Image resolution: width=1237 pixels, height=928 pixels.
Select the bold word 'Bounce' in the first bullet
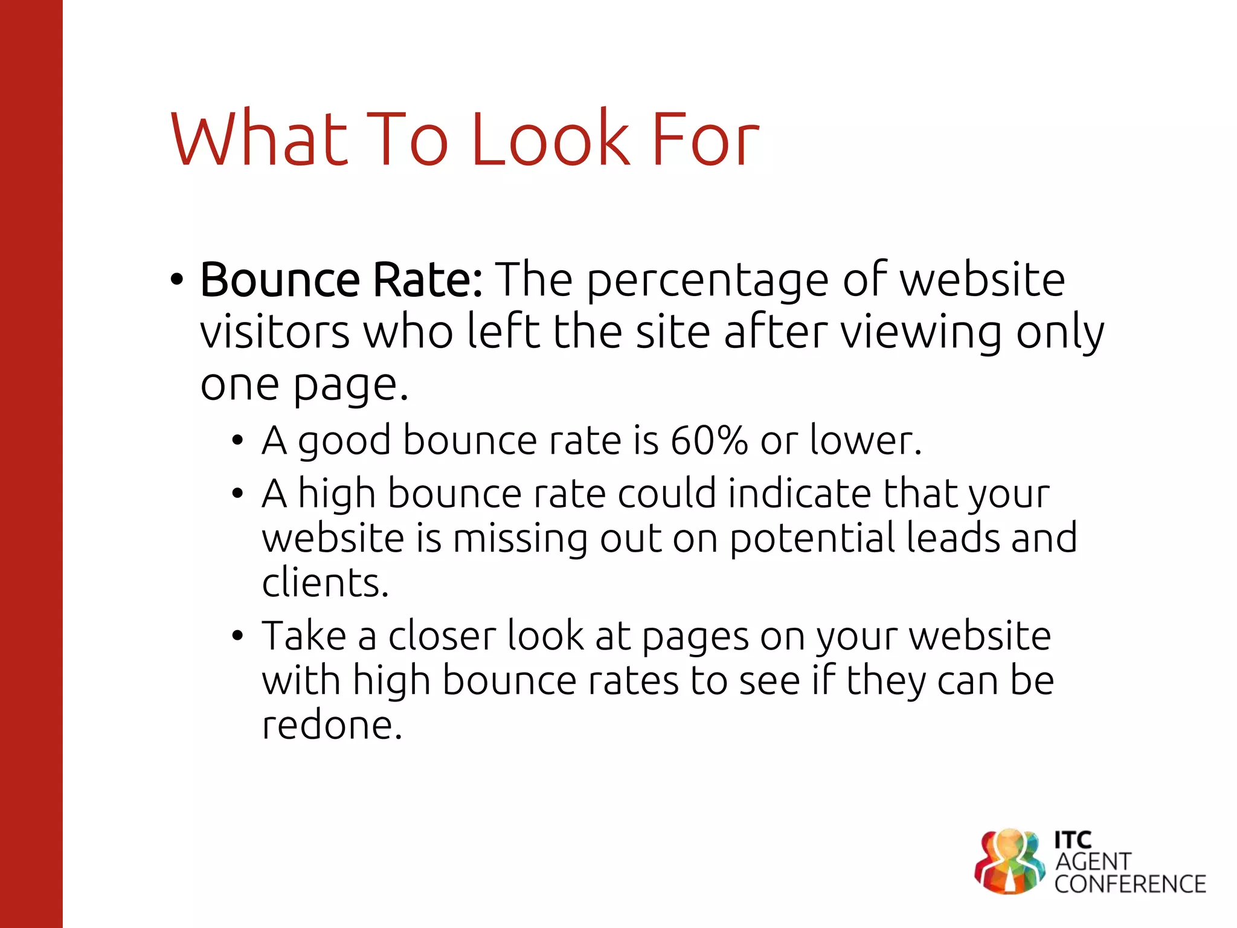[x=280, y=280]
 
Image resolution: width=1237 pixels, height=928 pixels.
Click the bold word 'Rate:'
[x=428, y=280]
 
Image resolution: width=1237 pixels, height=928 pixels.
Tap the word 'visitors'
[x=275, y=333]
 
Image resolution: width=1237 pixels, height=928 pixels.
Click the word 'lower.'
[x=866, y=440]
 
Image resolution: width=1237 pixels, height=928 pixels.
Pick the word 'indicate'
[x=800, y=494]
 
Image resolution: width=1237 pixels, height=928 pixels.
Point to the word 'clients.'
[x=325, y=583]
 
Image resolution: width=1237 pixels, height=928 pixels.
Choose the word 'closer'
[x=442, y=636]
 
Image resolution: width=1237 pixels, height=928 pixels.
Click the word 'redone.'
[x=332, y=725]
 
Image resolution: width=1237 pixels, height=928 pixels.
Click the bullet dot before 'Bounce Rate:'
[x=176, y=281]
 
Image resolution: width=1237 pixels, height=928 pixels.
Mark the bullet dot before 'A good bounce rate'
[x=238, y=441]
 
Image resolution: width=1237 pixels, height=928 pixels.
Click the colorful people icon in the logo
[x=1009, y=860]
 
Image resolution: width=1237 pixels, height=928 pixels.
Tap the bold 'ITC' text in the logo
[x=1073, y=840]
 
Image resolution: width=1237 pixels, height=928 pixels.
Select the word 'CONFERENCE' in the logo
[x=1129, y=884]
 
